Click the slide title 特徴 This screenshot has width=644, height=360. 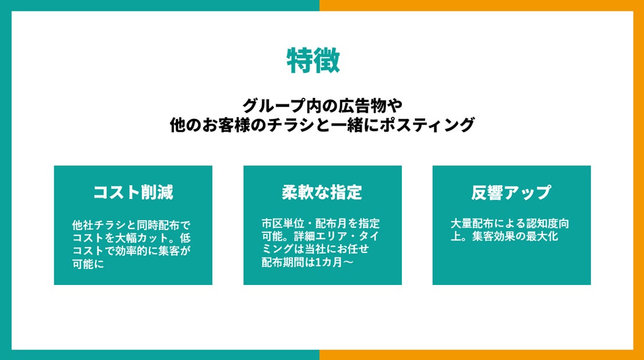coord(313,60)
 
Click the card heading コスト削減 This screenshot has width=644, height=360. coord(133,192)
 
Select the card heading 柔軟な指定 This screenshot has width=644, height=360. coord(322,192)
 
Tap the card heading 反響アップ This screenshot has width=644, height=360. coord(511,192)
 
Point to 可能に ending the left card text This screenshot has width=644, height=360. coord(88,263)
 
